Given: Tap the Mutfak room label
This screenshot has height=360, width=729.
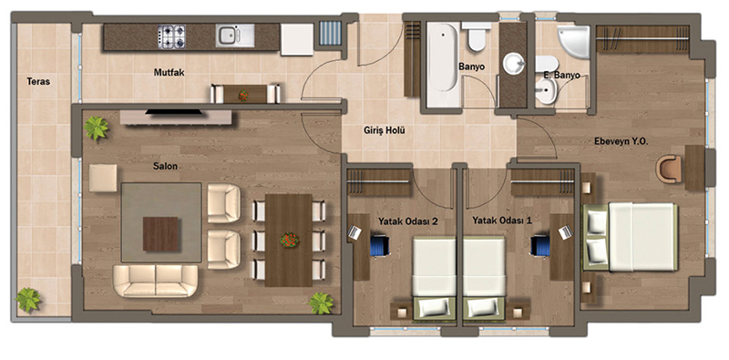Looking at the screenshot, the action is pyautogui.click(x=168, y=72).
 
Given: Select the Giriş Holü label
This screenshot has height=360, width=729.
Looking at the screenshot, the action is pyautogui.click(x=384, y=130).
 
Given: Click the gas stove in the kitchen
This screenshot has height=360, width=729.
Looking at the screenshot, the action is pyautogui.click(x=171, y=36).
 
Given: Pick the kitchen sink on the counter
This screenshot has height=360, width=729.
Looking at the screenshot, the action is pyautogui.click(x=235, y=36).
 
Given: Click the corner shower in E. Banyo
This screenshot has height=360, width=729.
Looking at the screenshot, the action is pyautogui.click(x=574, y=40).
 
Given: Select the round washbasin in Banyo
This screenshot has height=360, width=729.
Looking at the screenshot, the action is pyautogui.click(x=514, y=63).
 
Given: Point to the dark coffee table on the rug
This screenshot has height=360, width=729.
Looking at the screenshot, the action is pyautogui.click(x=161, y=234).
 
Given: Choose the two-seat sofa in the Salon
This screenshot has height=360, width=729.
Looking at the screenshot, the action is pyautogui.click(x=156, y=281).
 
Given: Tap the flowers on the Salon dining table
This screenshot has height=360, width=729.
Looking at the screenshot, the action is pyautogui.click(x=289, y=240).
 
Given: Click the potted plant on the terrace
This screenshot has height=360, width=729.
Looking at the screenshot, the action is pyautogui.click(x=29, y=300).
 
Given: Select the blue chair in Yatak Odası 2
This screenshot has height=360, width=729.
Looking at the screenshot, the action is pyautogui.click(x=380, y=245).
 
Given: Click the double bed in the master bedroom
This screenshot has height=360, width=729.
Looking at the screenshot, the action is pyautogui.click(x=630, y=236).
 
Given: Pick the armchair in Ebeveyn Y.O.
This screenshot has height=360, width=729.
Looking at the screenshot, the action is pyautogui.click(x=669, y=169).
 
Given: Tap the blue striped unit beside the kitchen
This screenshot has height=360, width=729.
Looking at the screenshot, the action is pyautogui.click(x=331, y=33).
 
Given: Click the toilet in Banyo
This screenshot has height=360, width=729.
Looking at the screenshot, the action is pyautogui.click(x=477, y=36).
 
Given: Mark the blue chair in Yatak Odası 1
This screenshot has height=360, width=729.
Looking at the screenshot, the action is pyautogui.click(x=540, y=245).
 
